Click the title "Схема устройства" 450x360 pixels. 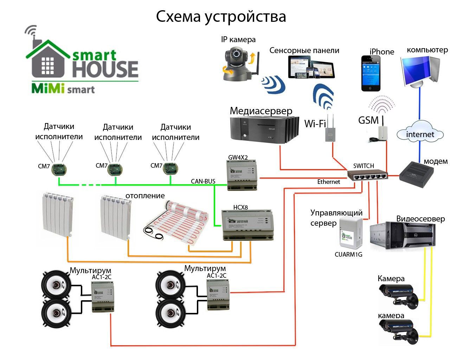click(x=221, y=17)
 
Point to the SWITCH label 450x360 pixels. click(x=364, y=166)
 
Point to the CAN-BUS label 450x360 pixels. click(x=203, y=181)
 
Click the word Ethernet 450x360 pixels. click(x=329, y=182)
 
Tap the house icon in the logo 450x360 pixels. click(x=48, y=60)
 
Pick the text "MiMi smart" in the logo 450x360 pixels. click(x=63, y=88)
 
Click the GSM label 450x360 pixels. click(x=368, y=120)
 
